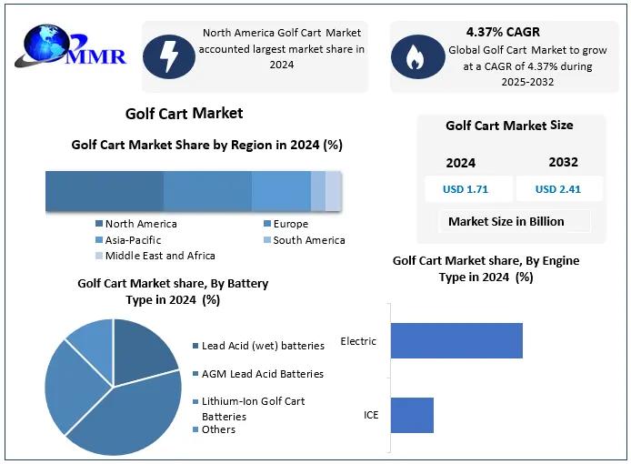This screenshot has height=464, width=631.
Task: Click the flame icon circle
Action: click(417, 56)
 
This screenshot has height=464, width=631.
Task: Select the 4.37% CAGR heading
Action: click(503, 32)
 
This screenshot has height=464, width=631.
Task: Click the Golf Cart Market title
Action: click(184, 114)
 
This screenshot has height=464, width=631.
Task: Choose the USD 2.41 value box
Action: click(557, 189)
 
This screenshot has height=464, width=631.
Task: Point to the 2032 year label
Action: click(563, 162)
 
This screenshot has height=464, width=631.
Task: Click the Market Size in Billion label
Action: click(506, 221)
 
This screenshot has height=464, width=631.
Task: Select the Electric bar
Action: click(456, 340)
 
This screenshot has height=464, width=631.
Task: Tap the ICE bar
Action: click(412, 415)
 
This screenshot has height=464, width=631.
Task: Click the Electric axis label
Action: click(358, 341)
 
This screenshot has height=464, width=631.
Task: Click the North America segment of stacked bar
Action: click(104, 191)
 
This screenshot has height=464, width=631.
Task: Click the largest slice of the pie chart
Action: click(127, 419)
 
